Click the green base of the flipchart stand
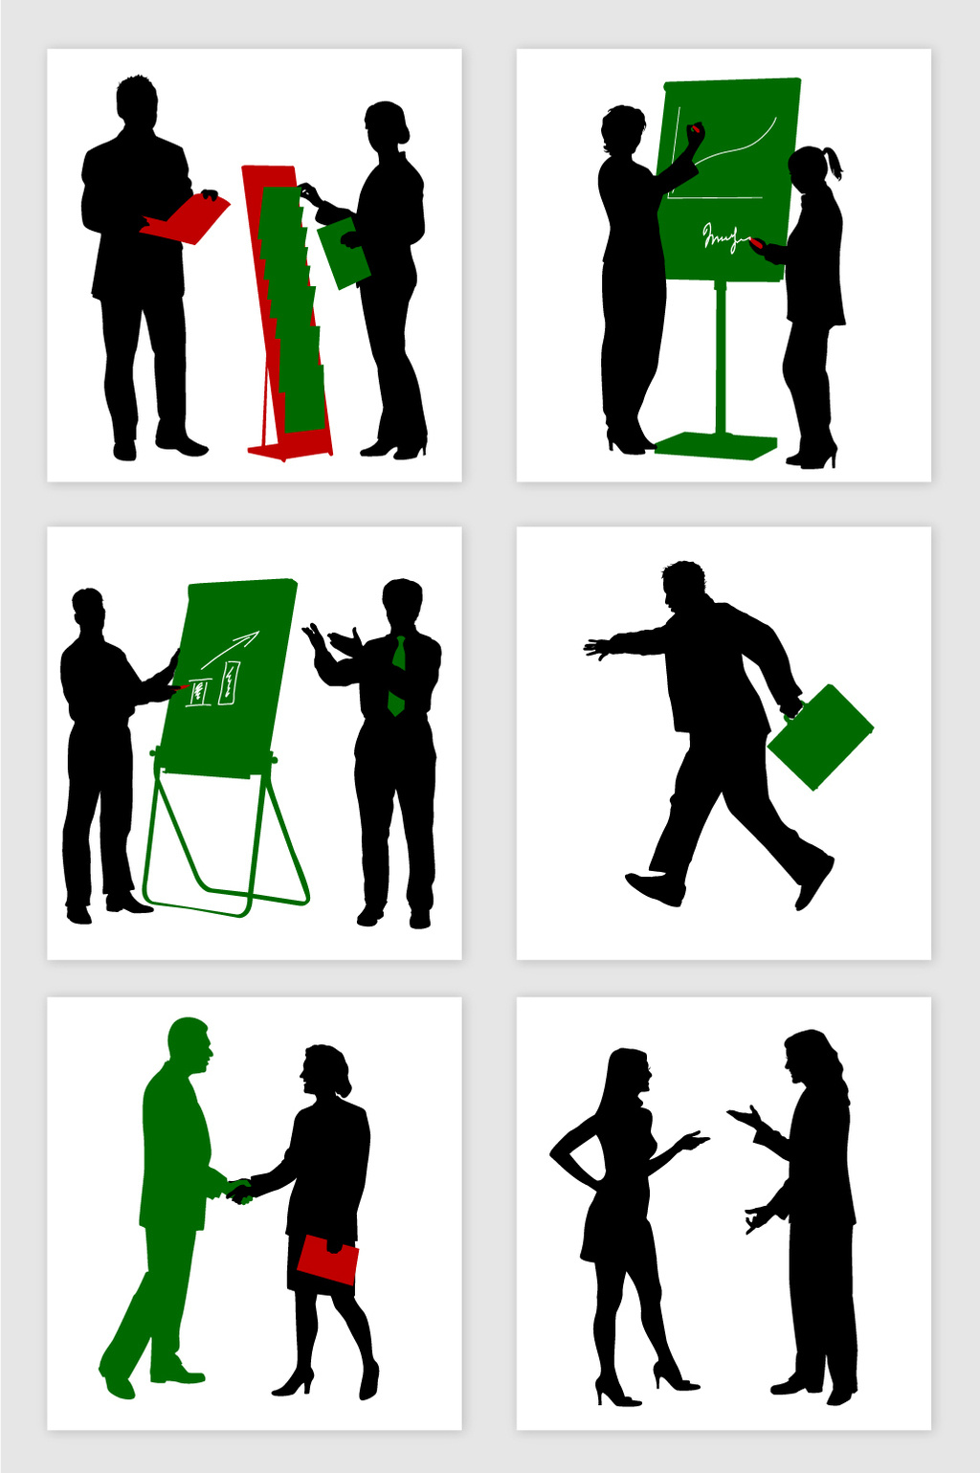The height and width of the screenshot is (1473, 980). click(717, 445)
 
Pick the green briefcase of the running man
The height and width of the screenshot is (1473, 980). click(820, 737)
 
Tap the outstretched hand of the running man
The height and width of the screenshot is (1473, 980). click(597, 648)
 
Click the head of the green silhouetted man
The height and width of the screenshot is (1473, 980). click(189, 1045)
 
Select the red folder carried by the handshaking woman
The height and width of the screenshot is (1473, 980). click(327, 1260)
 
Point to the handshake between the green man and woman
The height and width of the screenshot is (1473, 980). click(237, 1191)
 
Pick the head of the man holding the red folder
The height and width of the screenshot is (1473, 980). click(137, 100)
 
